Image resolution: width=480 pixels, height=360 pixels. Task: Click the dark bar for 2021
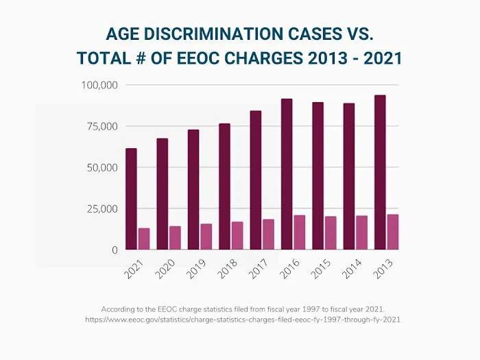tap(131, 199)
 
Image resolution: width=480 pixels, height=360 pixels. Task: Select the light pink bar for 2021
tap(144, 239)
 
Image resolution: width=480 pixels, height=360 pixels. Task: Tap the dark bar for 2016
tap(287, 174)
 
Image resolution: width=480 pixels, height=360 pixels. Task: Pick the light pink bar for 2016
tap(300, 232)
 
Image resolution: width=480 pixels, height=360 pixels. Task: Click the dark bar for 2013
tap(380, 172)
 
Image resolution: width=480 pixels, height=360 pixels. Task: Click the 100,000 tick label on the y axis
tap(100, 85)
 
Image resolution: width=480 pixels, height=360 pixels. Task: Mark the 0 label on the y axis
tap(115, 250)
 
